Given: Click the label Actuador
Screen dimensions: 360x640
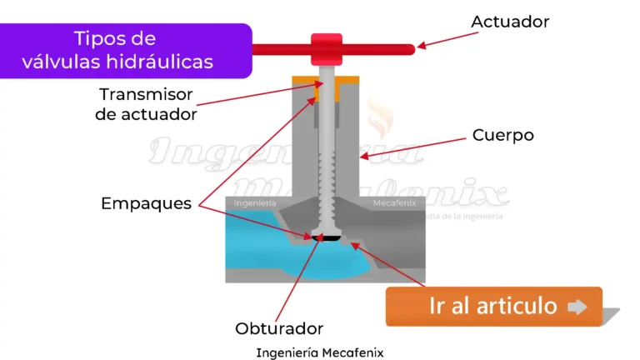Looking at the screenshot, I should [x=510, y=22].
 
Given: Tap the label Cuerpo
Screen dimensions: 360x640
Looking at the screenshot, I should [x=502, y=134].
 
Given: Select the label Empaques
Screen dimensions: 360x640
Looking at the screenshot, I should [x=147, y=203].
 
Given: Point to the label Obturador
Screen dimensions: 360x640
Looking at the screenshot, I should [x=279, y=328].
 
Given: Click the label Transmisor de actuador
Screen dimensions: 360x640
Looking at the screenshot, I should [x=147, y=104].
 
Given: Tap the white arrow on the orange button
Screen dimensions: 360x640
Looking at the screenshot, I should [x=577, y=307].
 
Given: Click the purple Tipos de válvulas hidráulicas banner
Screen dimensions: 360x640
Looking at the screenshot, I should [x=125, y=50].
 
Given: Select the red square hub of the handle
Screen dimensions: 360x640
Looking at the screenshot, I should [x=326, y=49].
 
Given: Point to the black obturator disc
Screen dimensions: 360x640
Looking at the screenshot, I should [x=326, y=238].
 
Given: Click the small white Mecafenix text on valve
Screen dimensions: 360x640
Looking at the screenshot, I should [x=395, y=203].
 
